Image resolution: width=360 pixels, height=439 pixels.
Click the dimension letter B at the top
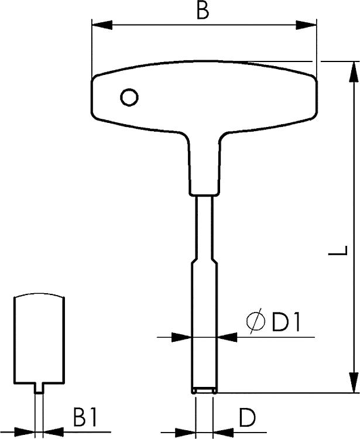coord(203,11)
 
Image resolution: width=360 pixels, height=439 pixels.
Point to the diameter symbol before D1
coord(255,323)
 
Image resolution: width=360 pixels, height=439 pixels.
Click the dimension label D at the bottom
coord(247,418)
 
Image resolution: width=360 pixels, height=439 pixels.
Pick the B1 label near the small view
coord(85,418)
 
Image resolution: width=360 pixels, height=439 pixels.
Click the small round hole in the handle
coord(129,97)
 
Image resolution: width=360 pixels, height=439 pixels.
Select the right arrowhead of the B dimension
coord(306,25)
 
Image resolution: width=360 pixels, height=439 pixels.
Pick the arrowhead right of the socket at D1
coord(228,337)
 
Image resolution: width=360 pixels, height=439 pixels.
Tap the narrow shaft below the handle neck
coord(204,228)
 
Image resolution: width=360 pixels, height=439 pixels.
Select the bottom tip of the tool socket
coord(204,390)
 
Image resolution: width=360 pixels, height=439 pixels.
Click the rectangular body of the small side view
coord(39,339)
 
